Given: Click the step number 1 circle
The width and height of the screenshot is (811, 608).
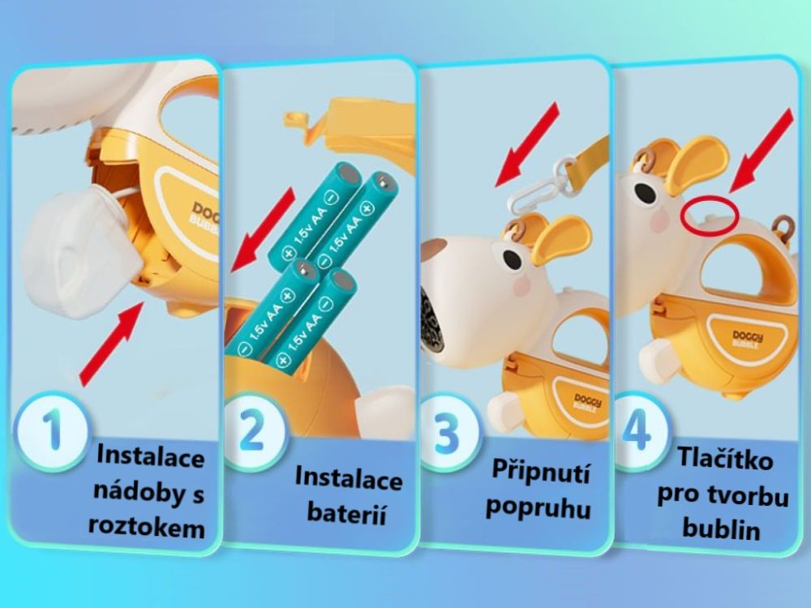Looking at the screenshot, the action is [x=52, y=430].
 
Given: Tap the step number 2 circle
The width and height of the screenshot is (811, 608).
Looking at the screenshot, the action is [x=252, y=430].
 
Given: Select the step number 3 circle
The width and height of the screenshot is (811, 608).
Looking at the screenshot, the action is [x=446, y=432].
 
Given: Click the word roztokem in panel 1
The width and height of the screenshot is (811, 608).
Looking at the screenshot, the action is [x=146, y=527].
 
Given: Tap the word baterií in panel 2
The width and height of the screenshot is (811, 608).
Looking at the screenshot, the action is [x=346, y=513].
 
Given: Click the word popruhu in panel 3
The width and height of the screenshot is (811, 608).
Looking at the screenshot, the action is [x=538, y=507].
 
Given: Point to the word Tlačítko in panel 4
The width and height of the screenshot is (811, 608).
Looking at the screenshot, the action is [x=724, y=458].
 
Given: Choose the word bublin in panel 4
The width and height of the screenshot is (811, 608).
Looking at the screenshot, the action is [x=721, y=529].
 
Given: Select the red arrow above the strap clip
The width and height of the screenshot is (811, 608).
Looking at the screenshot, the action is [x=528, y=144].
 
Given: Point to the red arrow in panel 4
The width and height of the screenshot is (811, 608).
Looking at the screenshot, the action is [x=762, y=151].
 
